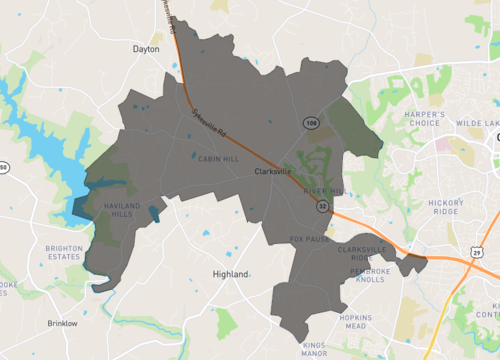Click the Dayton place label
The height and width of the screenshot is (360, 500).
point(146,48)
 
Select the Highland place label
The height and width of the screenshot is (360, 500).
point(231,272)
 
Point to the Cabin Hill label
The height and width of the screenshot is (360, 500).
point(217,157)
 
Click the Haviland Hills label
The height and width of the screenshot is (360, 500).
point(117,207)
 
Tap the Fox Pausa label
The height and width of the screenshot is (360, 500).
point(309,238)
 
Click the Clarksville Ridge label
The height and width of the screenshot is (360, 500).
point(362,253)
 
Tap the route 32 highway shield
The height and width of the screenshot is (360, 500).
point(322,205)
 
